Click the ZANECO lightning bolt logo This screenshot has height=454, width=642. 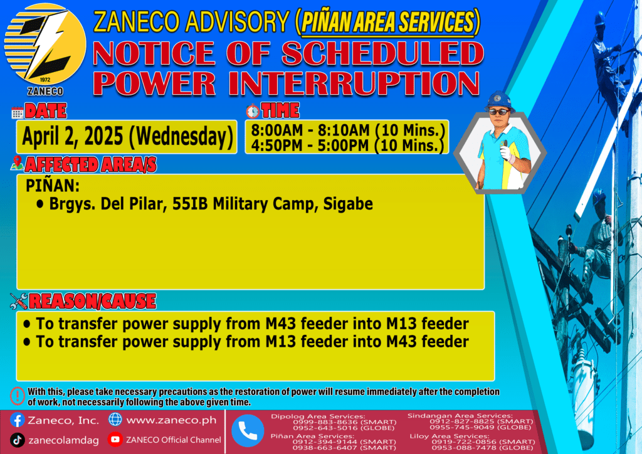coord(45,45)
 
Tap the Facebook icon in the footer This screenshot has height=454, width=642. coord(17,420)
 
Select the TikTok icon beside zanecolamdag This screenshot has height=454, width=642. coord(17,440)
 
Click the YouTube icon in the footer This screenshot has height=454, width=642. coord(115,439)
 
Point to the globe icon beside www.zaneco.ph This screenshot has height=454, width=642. coord(115,420)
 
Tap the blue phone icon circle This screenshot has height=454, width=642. coord(248,431)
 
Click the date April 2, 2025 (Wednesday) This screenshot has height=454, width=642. coord(127,136)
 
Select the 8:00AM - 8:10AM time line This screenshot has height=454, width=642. coord(347,130)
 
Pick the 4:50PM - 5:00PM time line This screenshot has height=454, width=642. coord(347,145)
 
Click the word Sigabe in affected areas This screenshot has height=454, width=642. coord(348,204)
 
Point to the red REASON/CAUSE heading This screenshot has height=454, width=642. coord(93,301)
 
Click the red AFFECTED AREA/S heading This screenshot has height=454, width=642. coord(90,164)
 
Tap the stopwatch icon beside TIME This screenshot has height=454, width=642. coord(253,111)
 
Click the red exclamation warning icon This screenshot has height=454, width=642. coord(18,396)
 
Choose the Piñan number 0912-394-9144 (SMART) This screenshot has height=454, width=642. coord(344,441)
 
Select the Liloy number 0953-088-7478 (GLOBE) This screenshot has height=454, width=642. coord(483,448)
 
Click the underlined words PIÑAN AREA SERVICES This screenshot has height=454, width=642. coord(387,22)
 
